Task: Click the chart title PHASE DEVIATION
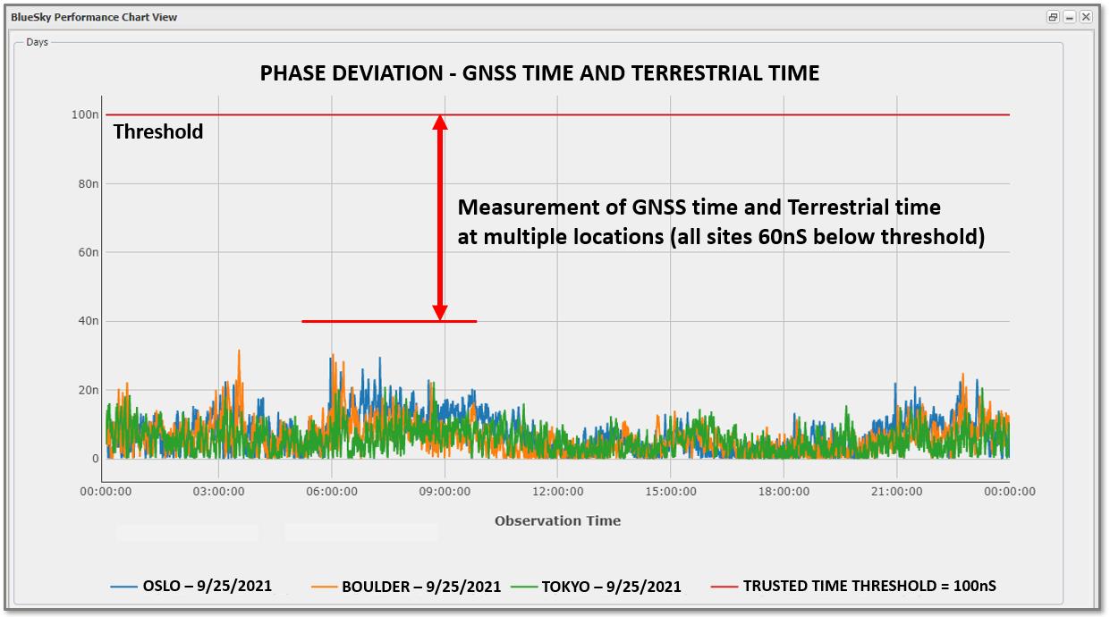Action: click(x=539, y=73)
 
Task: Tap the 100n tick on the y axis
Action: click(x=85, y=114)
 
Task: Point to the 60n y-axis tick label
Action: click(x=88, y=252)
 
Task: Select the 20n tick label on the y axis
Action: click(x=88, y=390)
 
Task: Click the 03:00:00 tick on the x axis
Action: click(x=219, y=491)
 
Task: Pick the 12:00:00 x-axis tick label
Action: click(x=557, y=491)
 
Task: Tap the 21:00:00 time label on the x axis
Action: click(x=896, y=491)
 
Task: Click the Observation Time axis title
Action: click(x=557, y=520)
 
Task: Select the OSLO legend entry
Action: click(x=191, y=587)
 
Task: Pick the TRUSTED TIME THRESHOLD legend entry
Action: click(x=854, y=586)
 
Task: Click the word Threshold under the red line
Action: click(x=158, y=132)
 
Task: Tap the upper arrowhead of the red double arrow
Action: click(x=440, y=123)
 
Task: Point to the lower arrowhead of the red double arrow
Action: click(x=440, y=312)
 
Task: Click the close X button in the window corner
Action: click(x=1086, y=17)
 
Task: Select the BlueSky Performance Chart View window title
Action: click(x=94, y=17)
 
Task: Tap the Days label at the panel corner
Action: click(x=37, y=42)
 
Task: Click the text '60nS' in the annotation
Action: click(x=815, y=237)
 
